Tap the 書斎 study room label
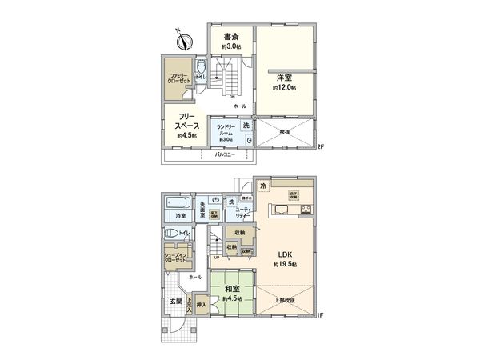click(233, 36)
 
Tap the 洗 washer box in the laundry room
click(246, 125)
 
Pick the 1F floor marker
click(320, 315)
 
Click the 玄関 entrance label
click(175, 302)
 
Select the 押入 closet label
click(202, 305)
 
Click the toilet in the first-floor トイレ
click(170, 233)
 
